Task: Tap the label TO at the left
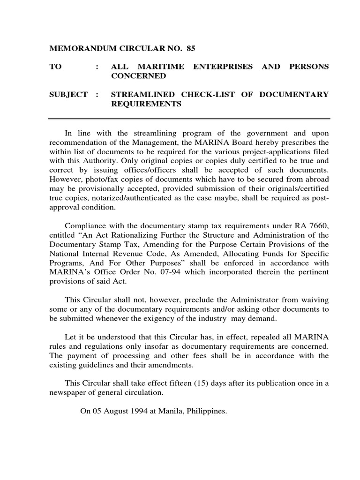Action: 56,67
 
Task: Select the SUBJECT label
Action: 68,94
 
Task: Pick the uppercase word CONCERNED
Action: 138,75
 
